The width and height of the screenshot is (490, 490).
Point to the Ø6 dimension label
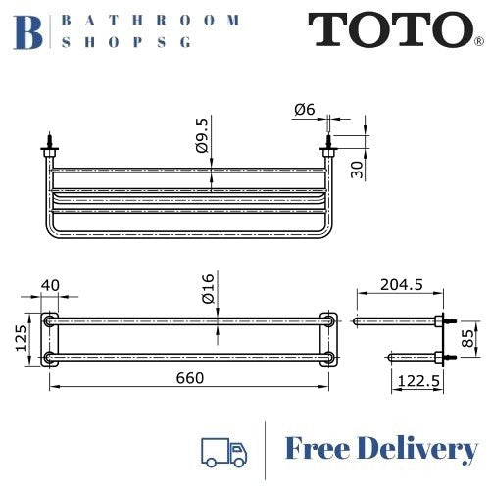(x=303, y=110)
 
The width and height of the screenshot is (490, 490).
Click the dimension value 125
(x=21, y=338)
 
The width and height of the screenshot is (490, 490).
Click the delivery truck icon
(x=222, y=450)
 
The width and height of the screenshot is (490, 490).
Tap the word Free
(x=318, y=450)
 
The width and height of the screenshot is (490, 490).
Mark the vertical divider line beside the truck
(x=266, y=450)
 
